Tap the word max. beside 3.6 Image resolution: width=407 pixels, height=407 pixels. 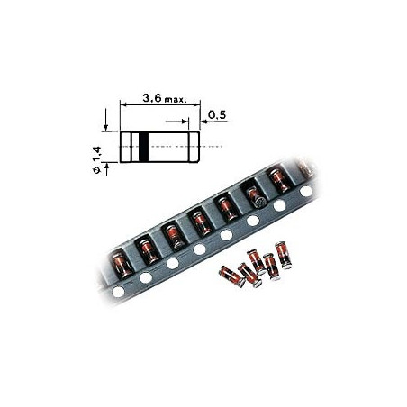pyautogui.click(x=175, y=98)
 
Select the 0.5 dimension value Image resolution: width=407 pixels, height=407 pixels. pyautogui.click(x=216, y=115)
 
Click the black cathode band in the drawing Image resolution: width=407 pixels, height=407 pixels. pyautogui.click(x=142, y=146)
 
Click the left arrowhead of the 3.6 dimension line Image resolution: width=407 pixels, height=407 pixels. pyautogui.click(x=124, y=105)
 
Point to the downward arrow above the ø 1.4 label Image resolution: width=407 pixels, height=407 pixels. pyautogui.click(x=106, y=127)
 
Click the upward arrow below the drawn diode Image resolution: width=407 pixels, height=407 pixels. pyautogui.click(x=106, y=166)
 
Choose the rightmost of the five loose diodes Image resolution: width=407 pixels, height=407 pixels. pyautogui.click(x=284, y=255)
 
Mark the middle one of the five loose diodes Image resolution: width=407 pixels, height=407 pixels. pyautogui.click(x=257, y=261)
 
